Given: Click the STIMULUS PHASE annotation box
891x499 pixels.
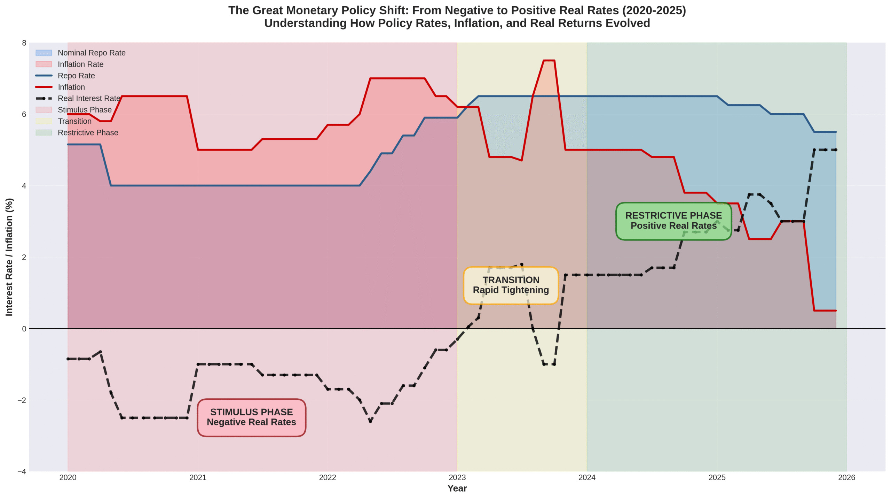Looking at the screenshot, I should coord(251,417).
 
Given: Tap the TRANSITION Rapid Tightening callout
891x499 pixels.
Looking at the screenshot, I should coord(511,285).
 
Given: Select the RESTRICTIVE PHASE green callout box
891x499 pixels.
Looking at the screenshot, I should coord(673,221).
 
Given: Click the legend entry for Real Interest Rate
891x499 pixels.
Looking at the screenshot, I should coord(89,98).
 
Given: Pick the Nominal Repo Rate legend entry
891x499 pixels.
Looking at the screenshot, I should coord(91,53).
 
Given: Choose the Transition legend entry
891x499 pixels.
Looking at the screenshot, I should coord(74,121).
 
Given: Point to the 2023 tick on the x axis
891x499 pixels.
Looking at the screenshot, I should coord(457,477).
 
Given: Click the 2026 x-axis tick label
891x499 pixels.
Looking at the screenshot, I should coord(846,477).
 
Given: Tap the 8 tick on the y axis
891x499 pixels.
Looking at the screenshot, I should coord(24,43).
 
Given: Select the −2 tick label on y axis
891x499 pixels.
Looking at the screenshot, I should coord(22,400).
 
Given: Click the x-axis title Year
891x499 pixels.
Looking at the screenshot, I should coord(457,488).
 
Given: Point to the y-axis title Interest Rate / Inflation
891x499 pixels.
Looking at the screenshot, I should coord(9,257).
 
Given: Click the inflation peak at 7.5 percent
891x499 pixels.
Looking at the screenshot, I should coord(549,61).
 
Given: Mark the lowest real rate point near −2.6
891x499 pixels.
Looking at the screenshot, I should coord(370,421).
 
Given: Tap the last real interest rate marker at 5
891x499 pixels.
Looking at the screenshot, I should coord(836,150).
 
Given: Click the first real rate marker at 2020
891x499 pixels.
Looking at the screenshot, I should coord(68,359).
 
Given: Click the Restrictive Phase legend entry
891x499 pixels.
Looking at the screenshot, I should coord(88,133).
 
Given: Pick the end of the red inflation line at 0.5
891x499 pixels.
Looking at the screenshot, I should coord(836,310).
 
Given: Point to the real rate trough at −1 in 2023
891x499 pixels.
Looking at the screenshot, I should coord(549,364).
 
